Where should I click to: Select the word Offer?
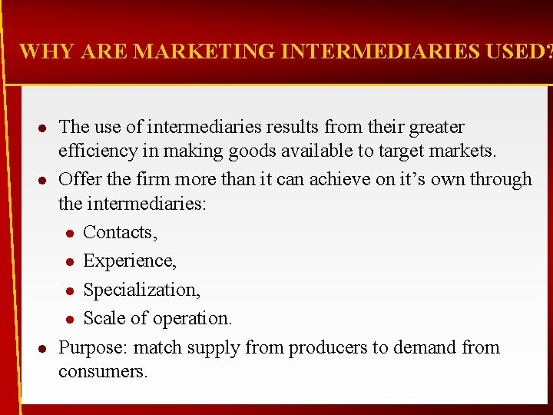coord(78,179)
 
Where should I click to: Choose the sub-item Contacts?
coord(119,232)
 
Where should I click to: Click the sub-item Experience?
coord(129,261)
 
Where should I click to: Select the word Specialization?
coord(141,290)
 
